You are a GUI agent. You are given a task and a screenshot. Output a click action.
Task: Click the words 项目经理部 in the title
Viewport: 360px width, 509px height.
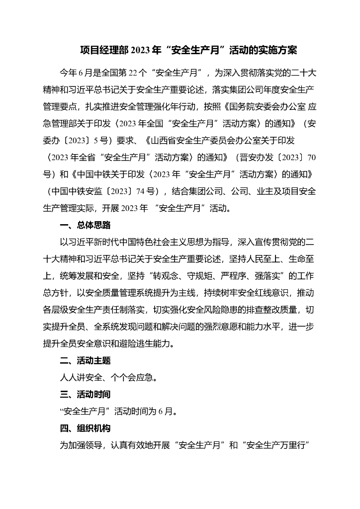click(104, 50)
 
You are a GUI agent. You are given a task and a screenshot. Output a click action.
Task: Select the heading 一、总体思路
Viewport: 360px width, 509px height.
click(85, 225)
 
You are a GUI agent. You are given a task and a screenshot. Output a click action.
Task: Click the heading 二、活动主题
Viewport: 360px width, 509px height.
click(85, 360)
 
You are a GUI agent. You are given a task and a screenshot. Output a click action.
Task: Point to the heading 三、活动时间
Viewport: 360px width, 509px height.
click(85, 394)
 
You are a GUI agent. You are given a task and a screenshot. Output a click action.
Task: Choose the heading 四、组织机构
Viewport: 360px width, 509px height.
click(85, 428)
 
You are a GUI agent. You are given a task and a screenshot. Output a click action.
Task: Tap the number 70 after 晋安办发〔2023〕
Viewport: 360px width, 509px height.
click(312, 158)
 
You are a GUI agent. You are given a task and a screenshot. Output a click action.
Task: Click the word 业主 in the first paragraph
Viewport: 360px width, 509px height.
click(262, 191)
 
